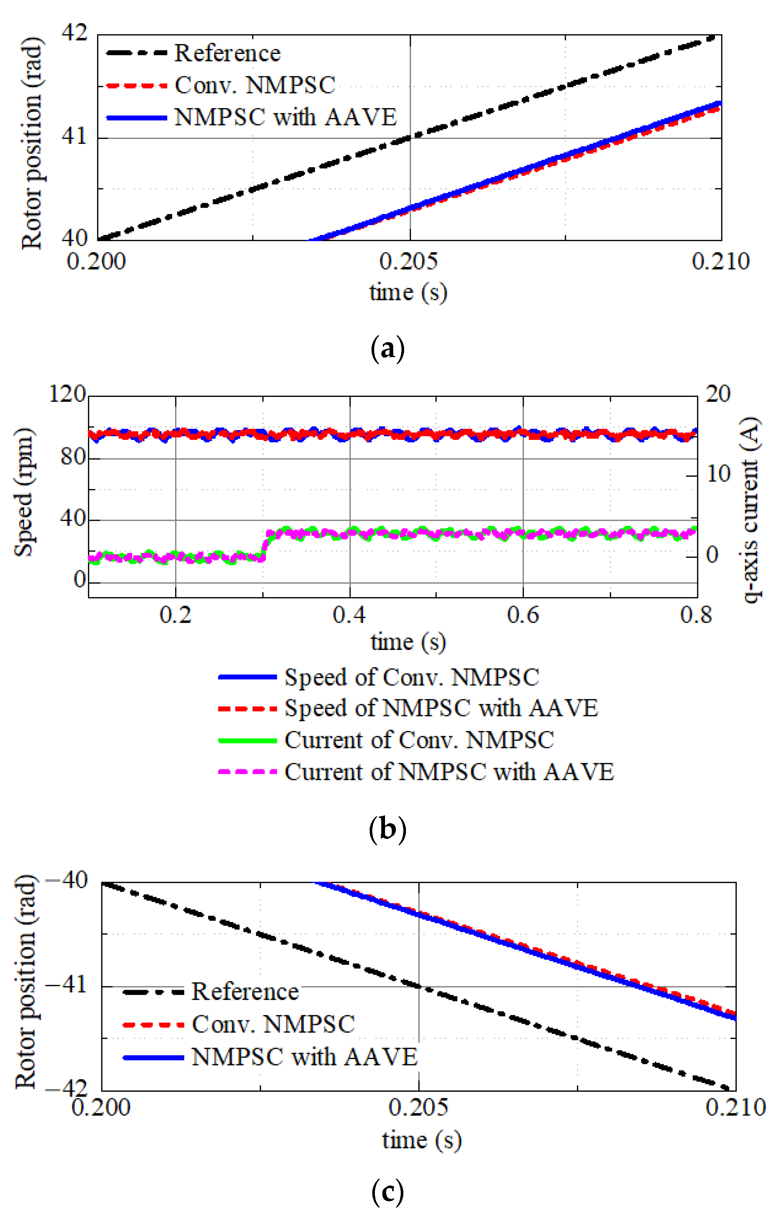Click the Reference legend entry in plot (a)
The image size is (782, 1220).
click(227, 53)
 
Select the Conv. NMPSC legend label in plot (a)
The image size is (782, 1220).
click(255, 85)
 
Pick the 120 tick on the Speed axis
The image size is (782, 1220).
click(67, 394)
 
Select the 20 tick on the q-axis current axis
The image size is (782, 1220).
click(718, 394)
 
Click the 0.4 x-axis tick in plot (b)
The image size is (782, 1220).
click(349, 615)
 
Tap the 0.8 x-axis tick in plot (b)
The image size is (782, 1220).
click(696, 615)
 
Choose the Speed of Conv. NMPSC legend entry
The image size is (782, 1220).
click(411, 677)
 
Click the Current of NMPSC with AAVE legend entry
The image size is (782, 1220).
click(449, 772)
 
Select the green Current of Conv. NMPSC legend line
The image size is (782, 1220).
click(247, 740)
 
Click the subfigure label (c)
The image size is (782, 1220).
click(388, 1192)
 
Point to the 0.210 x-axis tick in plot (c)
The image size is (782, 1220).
click(735, 1108)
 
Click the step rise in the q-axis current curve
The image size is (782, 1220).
click(265, 545)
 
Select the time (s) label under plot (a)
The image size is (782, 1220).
click(408, 293)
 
